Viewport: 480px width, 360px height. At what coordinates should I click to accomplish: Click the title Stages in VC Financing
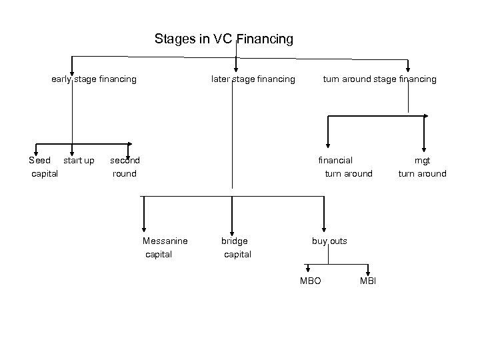pyautogui.click(x=223, y=39)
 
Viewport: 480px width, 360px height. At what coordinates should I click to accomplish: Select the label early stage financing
pyautogui.click(x=94, y=79)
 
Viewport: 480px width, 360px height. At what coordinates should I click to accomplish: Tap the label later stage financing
pyautogui.click(x=253, y=79)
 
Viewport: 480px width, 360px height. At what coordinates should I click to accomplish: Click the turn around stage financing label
pyautogui.click(x=379, y=79)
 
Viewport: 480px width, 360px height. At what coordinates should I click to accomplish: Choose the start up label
pyautogui.click(x=79, y=161)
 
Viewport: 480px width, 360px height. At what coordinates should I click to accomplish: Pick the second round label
pyautogui.click(x=125, y=167)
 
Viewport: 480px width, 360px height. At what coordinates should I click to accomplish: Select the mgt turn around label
pyautogui.click(x=422, y=167)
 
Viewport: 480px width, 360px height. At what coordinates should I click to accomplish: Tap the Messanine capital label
pyautogui.click(x=165, y=247)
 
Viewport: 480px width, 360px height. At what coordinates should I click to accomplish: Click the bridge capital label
pyautogui.click(x=237, y=247)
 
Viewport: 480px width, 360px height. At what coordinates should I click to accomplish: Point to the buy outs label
pyautogui.click(x=329, y=241)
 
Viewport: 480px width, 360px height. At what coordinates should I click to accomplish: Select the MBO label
pyautogui.click(x=310, y=281)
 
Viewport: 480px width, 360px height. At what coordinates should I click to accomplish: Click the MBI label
pyautogui.click(x=368, y=281)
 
